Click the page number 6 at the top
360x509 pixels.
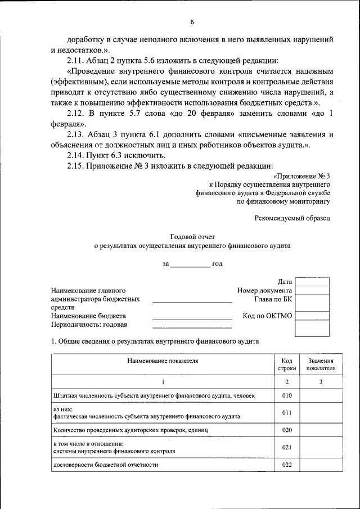[191, 22]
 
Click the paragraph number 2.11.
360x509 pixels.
[75, 61]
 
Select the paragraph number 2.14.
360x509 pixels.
[75, 155]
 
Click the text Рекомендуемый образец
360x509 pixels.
[292, 217]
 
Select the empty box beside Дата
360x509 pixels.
[312, 281]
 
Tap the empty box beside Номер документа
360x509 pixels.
[312, 290]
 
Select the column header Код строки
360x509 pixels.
[287, 364]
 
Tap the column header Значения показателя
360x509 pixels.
[321, 364]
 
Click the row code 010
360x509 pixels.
[287, 395]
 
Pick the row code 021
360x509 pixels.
[287, 447]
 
